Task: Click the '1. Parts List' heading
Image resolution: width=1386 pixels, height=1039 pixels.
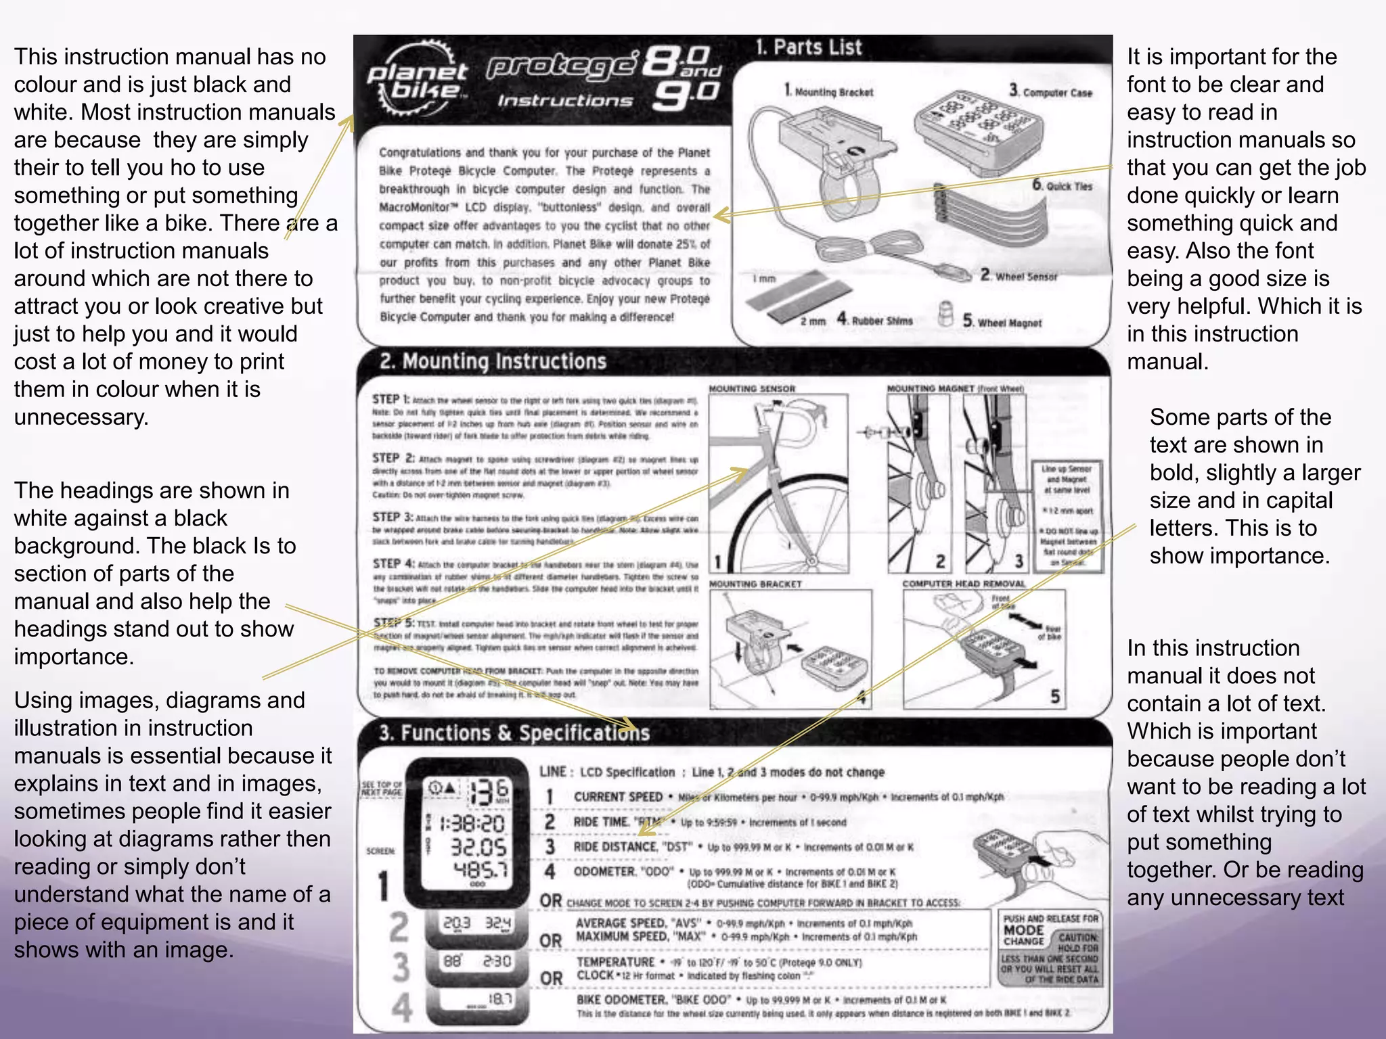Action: [x=809, y=47]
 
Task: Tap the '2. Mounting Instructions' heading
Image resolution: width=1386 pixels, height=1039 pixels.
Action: [x=493, y=361]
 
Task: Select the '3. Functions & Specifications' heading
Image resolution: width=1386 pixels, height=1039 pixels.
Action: [x=514, y=733]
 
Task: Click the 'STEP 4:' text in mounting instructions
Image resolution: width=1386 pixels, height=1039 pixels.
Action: [x=393, y=563]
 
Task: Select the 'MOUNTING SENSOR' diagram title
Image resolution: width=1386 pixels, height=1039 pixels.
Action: [x=752, y=389]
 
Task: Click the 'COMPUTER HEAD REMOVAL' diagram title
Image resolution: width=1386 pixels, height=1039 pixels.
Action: [x=964, y=583]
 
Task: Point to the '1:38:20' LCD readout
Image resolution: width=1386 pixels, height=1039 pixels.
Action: [x=472, y=823]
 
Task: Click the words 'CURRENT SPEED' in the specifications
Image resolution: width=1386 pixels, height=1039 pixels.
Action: [x=618, y=797]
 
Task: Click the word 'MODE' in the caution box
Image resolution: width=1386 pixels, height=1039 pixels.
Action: [x=1023, y=930]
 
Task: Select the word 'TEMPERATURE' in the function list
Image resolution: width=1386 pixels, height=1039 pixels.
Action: [x=615, y=962]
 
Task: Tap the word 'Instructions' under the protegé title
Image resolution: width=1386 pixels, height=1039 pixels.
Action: [x=565, y=101]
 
